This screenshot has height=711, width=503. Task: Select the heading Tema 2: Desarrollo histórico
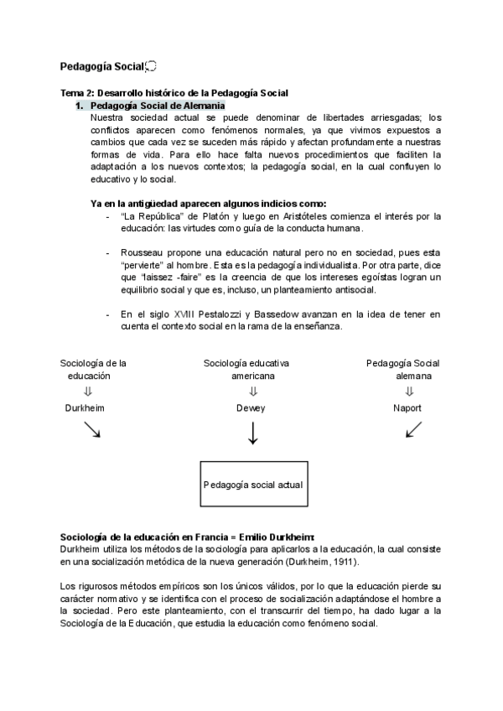[174, 92]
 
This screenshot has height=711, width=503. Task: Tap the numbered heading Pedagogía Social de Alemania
[157, 106]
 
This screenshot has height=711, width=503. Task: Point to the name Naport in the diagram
[407, 408]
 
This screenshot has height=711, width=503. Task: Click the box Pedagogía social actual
[253, 485]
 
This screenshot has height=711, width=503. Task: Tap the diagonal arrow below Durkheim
[92, 429]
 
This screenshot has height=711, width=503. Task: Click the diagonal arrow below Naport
[413, 429]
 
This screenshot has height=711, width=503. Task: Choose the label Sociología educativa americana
[246, 370]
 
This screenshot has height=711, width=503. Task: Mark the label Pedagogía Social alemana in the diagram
[403, 370]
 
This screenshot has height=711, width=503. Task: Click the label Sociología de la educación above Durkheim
[93, 370]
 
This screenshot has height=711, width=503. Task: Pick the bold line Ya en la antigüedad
[208, 203]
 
